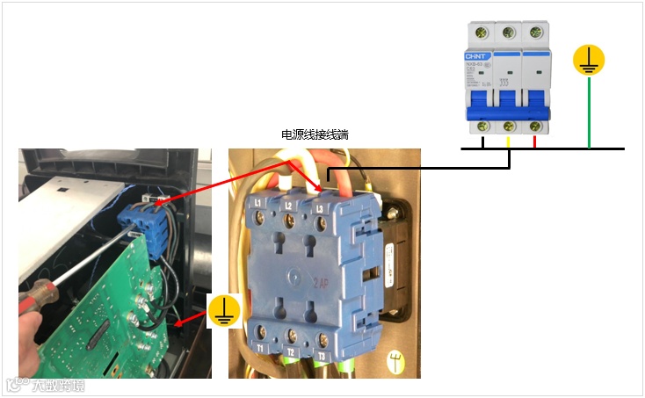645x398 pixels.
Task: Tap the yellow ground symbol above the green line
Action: [589, 60]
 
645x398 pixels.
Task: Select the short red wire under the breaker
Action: [536, 141]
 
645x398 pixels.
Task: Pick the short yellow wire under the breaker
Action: [509, 141]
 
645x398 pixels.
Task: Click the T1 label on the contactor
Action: [262, 349]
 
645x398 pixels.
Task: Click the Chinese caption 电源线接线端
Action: [315, 134]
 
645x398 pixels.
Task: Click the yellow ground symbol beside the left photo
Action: [223, 311]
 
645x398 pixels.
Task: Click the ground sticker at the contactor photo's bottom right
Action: [399, 361]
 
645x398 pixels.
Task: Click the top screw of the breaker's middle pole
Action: [509, 33]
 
